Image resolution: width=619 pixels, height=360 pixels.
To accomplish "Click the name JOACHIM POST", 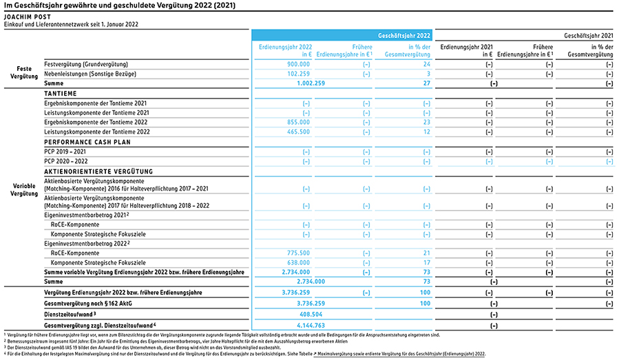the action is [28, 17].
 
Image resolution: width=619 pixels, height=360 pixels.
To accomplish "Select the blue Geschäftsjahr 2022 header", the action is [404, 36].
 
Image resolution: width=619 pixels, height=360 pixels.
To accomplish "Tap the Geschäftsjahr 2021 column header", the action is [588, 36].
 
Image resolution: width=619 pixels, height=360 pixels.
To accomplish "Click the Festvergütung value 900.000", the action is [298, 64].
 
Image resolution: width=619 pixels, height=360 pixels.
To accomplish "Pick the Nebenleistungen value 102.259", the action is [298, 74].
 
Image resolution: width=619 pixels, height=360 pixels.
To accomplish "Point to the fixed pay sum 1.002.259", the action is [311, 83].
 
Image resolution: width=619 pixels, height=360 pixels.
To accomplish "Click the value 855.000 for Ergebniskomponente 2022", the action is [298, 123].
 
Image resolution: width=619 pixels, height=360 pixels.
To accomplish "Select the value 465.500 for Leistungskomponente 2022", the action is [298, 132].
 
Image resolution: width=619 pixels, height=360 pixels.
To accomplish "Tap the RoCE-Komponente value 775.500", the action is [298, 253].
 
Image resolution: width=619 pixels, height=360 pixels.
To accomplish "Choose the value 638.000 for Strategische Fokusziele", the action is [298, 262].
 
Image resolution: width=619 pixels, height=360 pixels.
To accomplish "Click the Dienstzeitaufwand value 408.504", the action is [311, 315].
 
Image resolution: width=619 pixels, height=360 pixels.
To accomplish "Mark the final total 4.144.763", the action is [311, 326].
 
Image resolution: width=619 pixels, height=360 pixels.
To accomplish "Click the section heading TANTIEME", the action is [61, 94].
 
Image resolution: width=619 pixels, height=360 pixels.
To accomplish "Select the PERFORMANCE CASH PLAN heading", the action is [87, 142].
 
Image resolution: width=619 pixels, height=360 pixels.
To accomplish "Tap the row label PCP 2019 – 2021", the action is [65, 151].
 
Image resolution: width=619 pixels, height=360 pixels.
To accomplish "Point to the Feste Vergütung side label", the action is [24, 73].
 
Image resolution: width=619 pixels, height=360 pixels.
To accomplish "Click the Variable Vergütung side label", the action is [24, 190].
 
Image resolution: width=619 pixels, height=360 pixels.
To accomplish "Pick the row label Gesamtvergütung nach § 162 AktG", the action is [88, 304].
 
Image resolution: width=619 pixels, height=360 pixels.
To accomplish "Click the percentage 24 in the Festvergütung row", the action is [427, 64].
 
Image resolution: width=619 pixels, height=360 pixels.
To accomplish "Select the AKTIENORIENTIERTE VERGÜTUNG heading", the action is [98, 171].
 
